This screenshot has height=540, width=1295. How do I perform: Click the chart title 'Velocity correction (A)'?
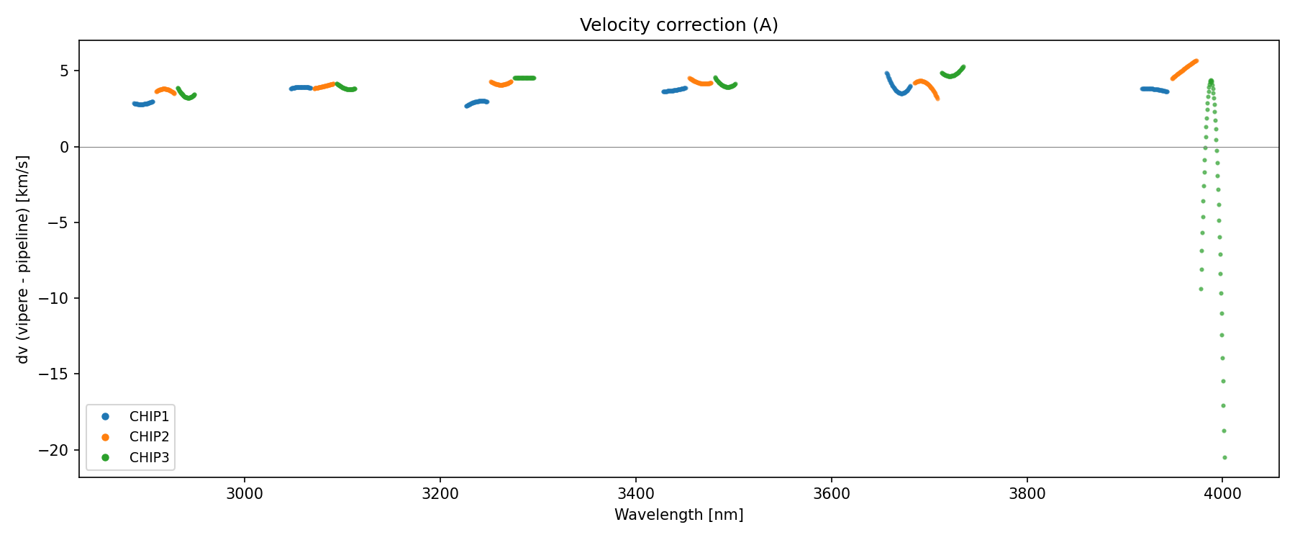tap(678, 25)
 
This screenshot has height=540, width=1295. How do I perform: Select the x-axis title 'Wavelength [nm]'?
tap(678, 515)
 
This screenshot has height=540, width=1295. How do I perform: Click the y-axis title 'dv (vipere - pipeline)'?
tap(23, 259)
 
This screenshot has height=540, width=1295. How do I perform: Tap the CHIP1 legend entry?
tap(149, 416)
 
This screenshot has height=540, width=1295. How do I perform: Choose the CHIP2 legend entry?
tap(149, 436)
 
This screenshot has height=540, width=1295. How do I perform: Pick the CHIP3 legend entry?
tap(149, 457)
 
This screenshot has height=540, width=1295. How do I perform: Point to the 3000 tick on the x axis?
tap(245, 494)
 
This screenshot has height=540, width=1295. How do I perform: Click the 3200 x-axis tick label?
tap(440, 494)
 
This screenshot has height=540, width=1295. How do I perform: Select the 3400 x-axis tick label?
tap(636, 494)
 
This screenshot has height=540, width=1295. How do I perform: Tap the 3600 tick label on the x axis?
tap(831, 494)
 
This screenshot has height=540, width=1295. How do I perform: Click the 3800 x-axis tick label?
tap(1027, 494)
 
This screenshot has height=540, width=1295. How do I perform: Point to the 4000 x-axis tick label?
tap(1222, 494)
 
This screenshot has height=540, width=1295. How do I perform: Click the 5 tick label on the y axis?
tap(64, 71)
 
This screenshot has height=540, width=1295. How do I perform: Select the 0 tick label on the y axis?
tap(64, 147)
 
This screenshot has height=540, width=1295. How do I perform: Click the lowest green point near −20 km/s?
tap(1224, 457)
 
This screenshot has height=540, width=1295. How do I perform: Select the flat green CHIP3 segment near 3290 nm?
tap(524, 78)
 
